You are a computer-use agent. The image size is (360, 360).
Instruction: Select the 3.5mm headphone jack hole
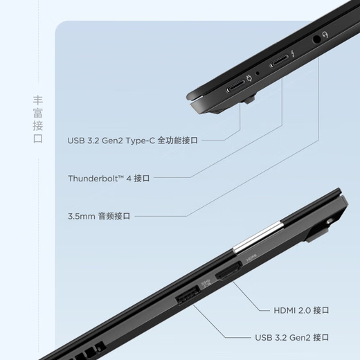point(316,39)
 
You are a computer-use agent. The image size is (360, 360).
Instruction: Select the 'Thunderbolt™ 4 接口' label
point(109,178)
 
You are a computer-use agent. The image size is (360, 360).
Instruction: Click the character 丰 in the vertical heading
point(38,99)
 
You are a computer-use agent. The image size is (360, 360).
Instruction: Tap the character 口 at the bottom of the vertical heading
point(38,138)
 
